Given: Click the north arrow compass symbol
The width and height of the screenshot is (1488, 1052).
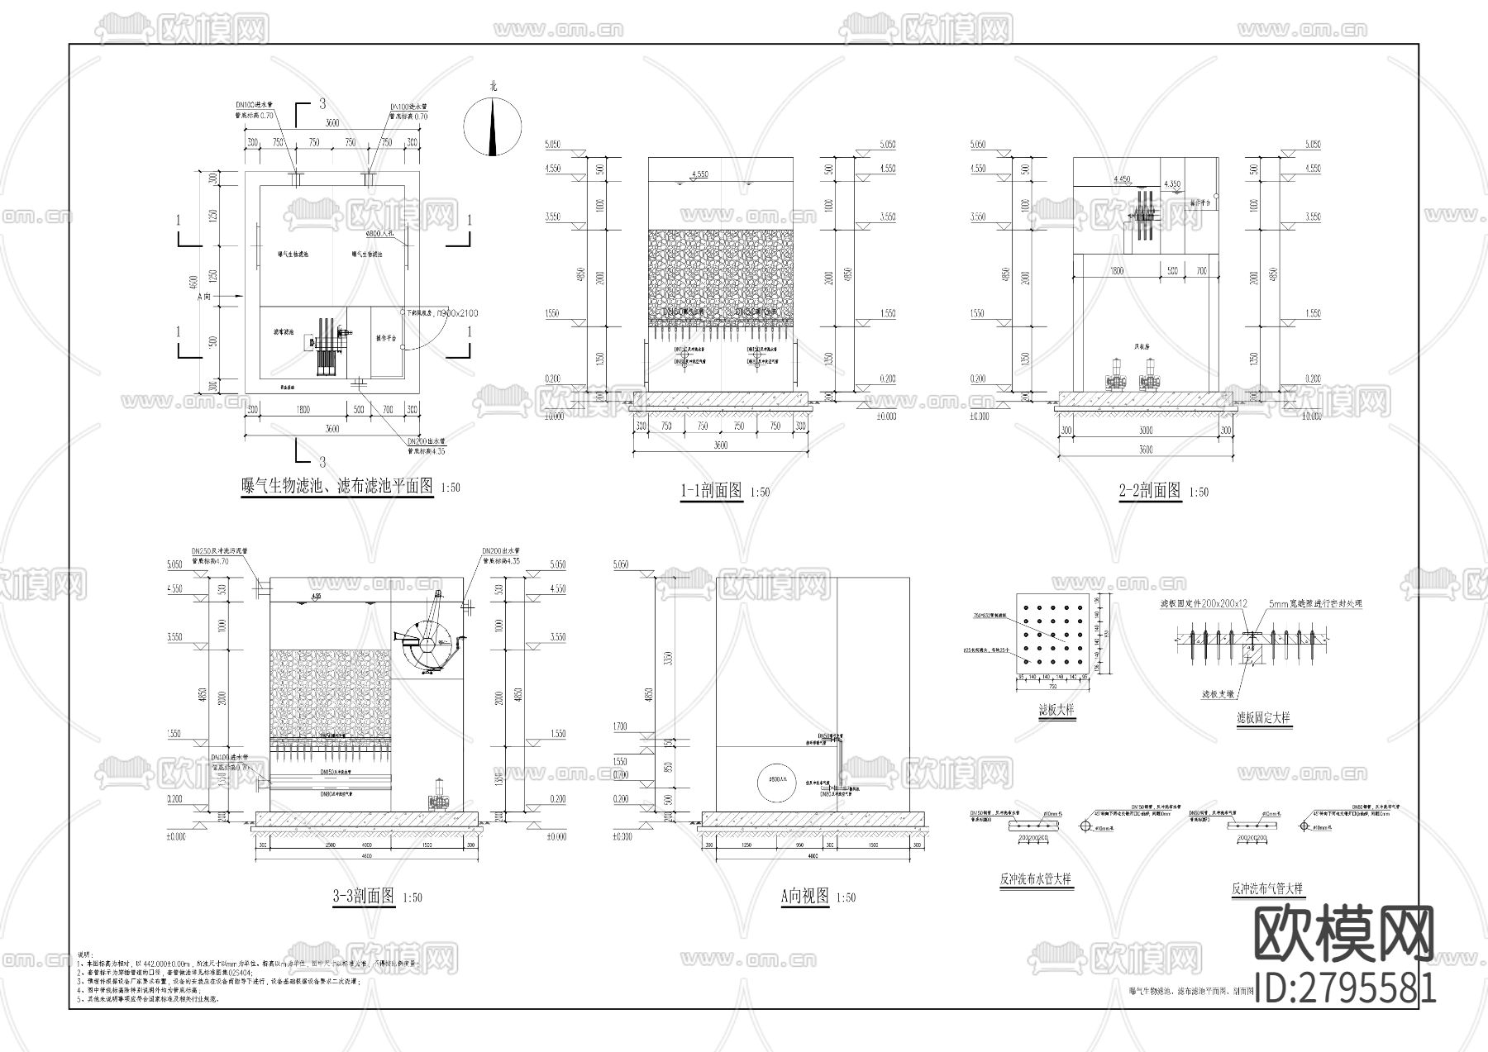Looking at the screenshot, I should (493, 126).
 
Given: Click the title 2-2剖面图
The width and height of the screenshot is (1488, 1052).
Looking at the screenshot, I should (1150, 490).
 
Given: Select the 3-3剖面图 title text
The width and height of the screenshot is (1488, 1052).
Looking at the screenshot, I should (364, 896).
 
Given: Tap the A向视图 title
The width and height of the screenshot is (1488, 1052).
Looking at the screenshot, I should (804, 896).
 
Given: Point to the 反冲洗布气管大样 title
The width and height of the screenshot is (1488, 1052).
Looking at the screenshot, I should (1266, 889).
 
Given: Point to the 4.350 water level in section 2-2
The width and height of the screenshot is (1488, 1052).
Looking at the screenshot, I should (1171, 183).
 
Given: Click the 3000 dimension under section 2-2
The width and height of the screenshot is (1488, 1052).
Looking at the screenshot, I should (1145, 431).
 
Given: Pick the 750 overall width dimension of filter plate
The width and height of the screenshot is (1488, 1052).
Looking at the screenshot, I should (1052, 685).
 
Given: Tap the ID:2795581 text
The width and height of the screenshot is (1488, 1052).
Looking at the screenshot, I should (1345, 988).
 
